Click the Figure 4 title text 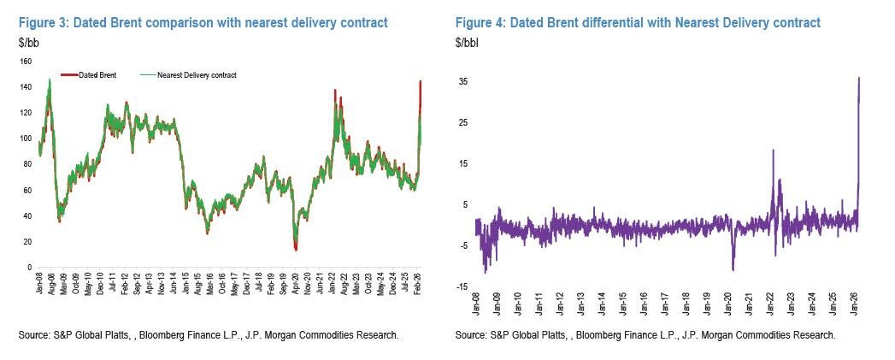pos(638,21)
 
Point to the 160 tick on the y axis pos(25,62)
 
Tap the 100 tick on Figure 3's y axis pos(25,139)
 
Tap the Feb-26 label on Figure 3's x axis pos(421,286)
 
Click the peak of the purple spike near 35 pos(858,78)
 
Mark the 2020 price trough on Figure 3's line pos(296,249)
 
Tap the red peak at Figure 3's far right pos(421,82)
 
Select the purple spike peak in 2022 pos(773,150)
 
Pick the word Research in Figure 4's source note pos(811,335)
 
